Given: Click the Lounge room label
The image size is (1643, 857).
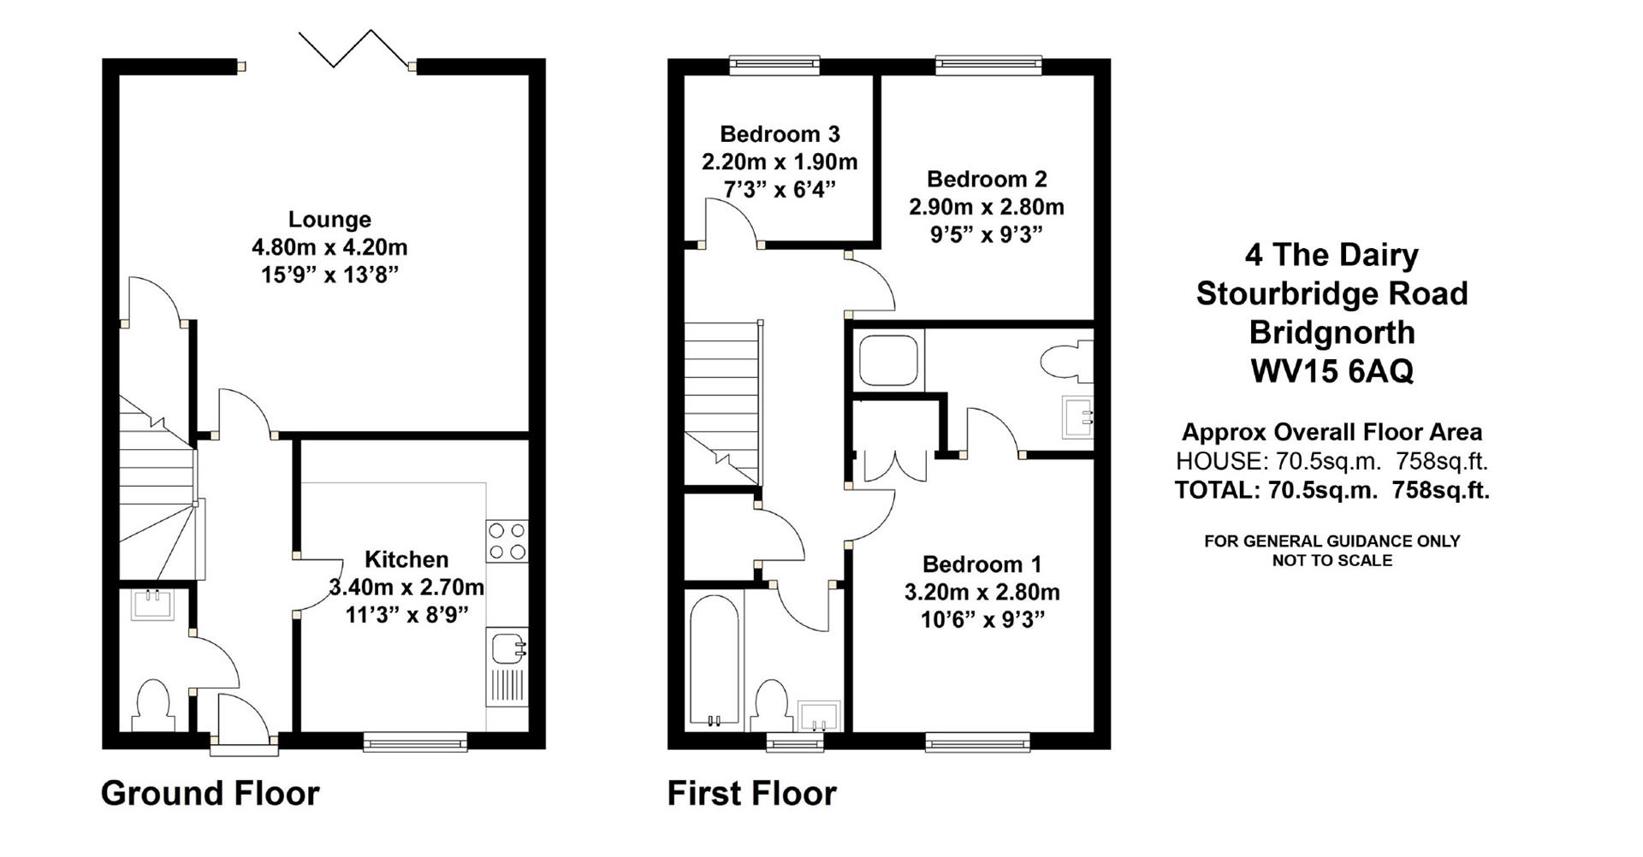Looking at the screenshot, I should [329, 220].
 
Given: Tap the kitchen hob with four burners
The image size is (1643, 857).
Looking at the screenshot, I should [507, 541].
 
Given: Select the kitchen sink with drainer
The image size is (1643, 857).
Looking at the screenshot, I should [507, 666].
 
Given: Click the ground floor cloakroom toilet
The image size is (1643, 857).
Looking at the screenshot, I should [154, 706].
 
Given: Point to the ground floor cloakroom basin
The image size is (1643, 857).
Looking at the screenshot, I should [153, 604].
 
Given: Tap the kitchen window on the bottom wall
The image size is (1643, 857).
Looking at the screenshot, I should [415, 742].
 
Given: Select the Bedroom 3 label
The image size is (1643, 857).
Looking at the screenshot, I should [780, 134].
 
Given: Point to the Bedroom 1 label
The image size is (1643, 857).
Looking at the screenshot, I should [982, 564].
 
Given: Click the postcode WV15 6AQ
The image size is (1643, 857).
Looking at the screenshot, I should [1332, 371].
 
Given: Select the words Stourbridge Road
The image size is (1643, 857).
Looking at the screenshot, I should [1332, 293].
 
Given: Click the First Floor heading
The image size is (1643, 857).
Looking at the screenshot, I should [751, 793].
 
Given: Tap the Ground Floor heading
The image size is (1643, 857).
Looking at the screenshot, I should [210, 793].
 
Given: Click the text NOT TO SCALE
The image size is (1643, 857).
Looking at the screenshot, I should [1332, 561].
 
